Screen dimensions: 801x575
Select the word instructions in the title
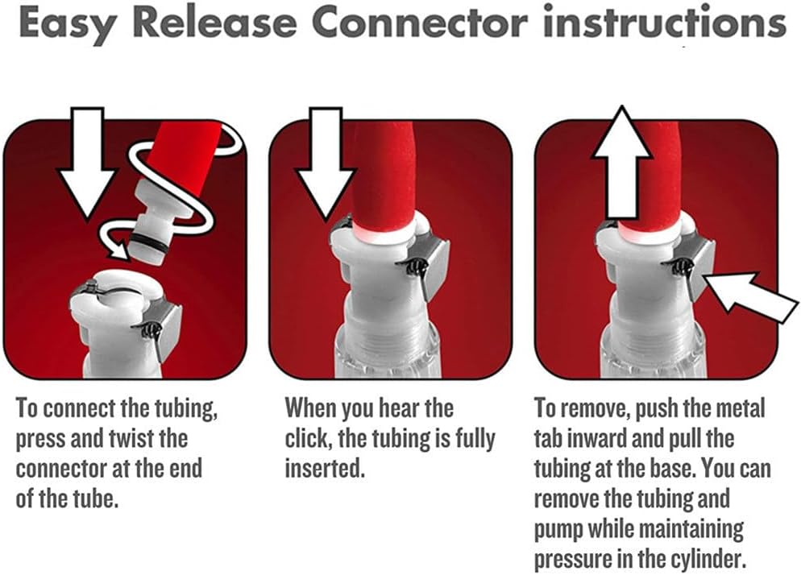tap(665, 23)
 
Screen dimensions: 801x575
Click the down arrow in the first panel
tap(87, 163)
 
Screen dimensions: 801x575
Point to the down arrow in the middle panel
tap(326, 163)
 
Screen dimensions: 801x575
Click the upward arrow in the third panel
tap(621, 163)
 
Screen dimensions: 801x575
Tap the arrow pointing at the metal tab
tap(750, 297)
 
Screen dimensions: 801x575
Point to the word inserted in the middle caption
tap(325, 469)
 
